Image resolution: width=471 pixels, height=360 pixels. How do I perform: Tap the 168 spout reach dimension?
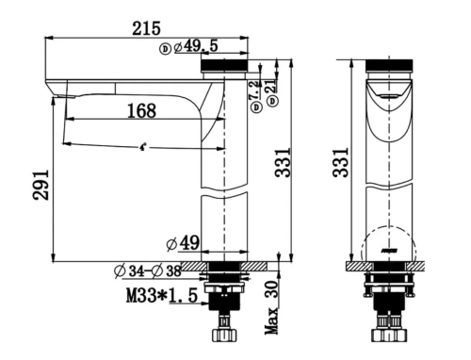(140, 110)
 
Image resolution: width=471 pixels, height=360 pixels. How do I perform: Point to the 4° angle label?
(142, 148)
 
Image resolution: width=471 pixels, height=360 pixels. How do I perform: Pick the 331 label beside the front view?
(345, 162)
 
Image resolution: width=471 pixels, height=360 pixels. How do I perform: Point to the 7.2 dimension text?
(252, 91)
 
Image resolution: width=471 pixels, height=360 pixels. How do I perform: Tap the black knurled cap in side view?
(225, 65)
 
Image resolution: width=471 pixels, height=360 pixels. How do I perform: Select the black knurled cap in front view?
(386, 65)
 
